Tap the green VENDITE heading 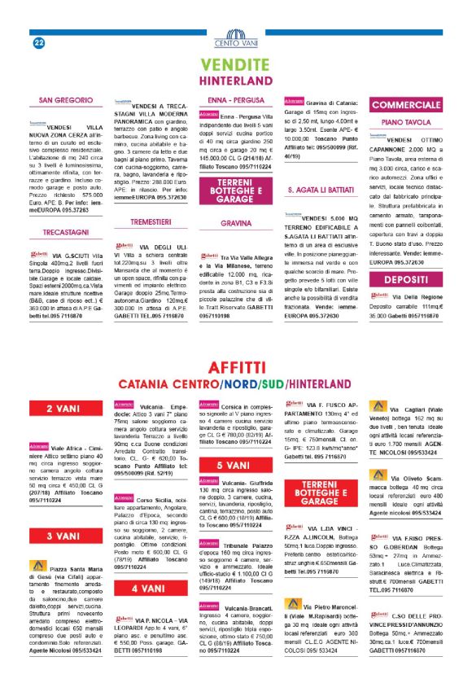click(235, 65)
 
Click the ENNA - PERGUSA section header click(235, 99)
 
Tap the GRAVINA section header click(235, 221)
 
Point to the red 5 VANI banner click(235, 465)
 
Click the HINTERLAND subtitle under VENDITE click(235, 82)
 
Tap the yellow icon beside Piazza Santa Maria click(37, 566)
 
